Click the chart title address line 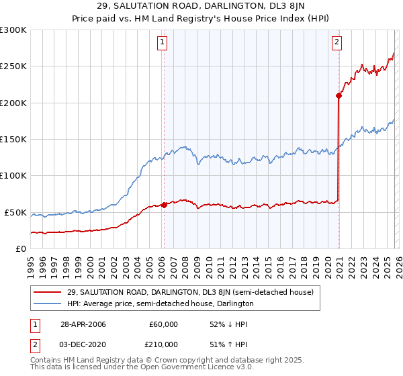[x=201, y=7]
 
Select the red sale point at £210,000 [x=339, y=96]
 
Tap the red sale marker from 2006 [x=164, y=205]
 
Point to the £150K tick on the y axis [x=13, y=139]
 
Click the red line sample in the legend [x=47, y=292]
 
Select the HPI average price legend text [x=160, y=303]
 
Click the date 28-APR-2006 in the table [x=83, y=324]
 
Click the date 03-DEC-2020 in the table [x=83, y=344]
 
